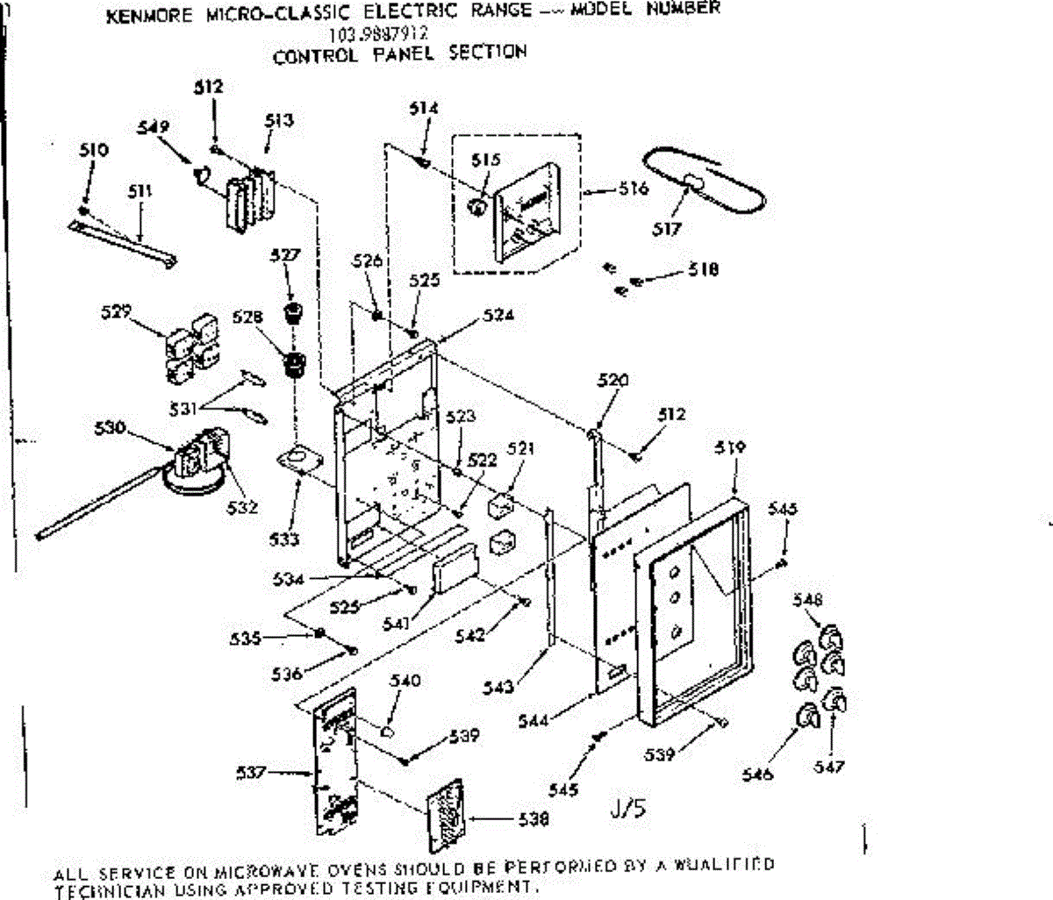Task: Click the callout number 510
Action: [x=93, y=150]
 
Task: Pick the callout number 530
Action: [x=111, y=428]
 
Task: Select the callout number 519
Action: [x=730, y=447]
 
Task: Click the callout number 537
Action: [x=251, y=772]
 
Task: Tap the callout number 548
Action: [x=807, y=600]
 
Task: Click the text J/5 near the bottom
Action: [x=628, y=807]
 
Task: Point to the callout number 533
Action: [x=284, y=539]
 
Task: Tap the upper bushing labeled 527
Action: [x=293, y=312]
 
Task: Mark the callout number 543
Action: [x=498, y=686]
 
